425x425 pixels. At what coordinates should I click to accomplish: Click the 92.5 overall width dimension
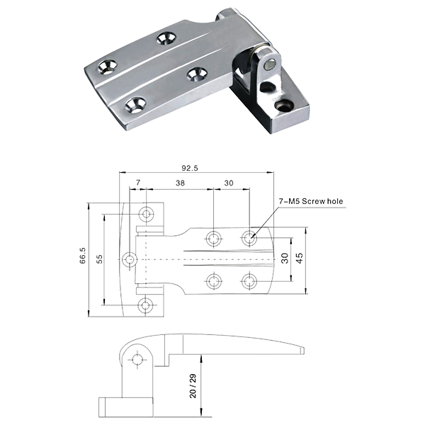[x=190, y=168]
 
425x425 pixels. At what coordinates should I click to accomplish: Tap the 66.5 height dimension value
[x=83, y=255]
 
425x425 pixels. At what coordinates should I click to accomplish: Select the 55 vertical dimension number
[x=99, y=259]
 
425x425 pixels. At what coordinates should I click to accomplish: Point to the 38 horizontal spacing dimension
[x=180, y=183]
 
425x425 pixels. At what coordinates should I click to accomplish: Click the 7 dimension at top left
[x=138, y=183]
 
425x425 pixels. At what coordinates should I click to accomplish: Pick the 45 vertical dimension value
[x=300, y=258]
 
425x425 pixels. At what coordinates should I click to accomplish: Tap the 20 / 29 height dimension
[x=193, y=386]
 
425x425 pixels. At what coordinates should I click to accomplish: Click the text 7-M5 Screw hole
[x=311, y=201]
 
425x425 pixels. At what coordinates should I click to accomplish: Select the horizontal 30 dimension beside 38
[x=229, y=183]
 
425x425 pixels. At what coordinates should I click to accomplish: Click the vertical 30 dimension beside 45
[x=285, y=258]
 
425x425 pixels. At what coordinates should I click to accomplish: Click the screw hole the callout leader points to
[x=249, y=238]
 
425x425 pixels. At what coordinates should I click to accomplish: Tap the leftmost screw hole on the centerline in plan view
[x=130, y=259]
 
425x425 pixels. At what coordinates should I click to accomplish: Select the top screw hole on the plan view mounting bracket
[x=147, y=214]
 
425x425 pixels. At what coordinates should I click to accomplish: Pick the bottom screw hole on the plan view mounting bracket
[x=145, y=305]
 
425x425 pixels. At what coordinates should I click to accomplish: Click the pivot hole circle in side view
[x=137, y=360]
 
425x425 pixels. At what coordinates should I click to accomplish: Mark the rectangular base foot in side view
[x=125, y=407]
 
